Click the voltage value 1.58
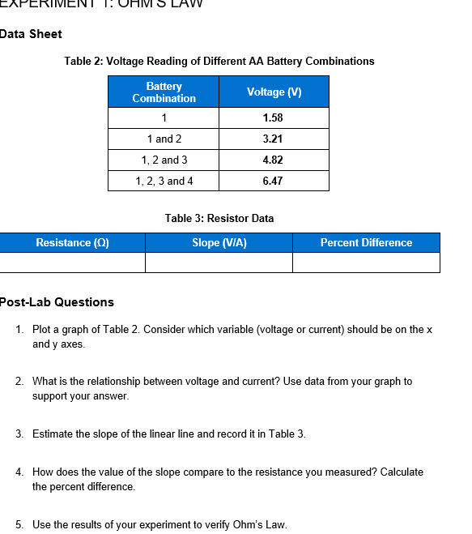click(273, 118)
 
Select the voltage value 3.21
click(273, 139)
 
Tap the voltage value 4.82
click(273, 160)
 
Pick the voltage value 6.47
click(273, 182)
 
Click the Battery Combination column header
click(164, 92)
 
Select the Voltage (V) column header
click(274, 92)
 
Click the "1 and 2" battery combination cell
click(164, 139)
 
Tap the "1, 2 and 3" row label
click(164, 160)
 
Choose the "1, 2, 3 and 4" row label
click(164, 182)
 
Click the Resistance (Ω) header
click(72, 243)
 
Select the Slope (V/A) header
click(219, 243)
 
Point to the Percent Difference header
click(366, 243)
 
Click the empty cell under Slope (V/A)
click(219, 263)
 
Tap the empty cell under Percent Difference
click(366, 263)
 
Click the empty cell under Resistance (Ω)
click(72, 263)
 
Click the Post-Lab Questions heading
click(57, 302)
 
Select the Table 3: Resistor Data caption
click(219, 218)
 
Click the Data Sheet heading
click(31, 34)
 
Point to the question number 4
click(19, 472)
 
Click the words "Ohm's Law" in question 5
click(263, 524)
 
